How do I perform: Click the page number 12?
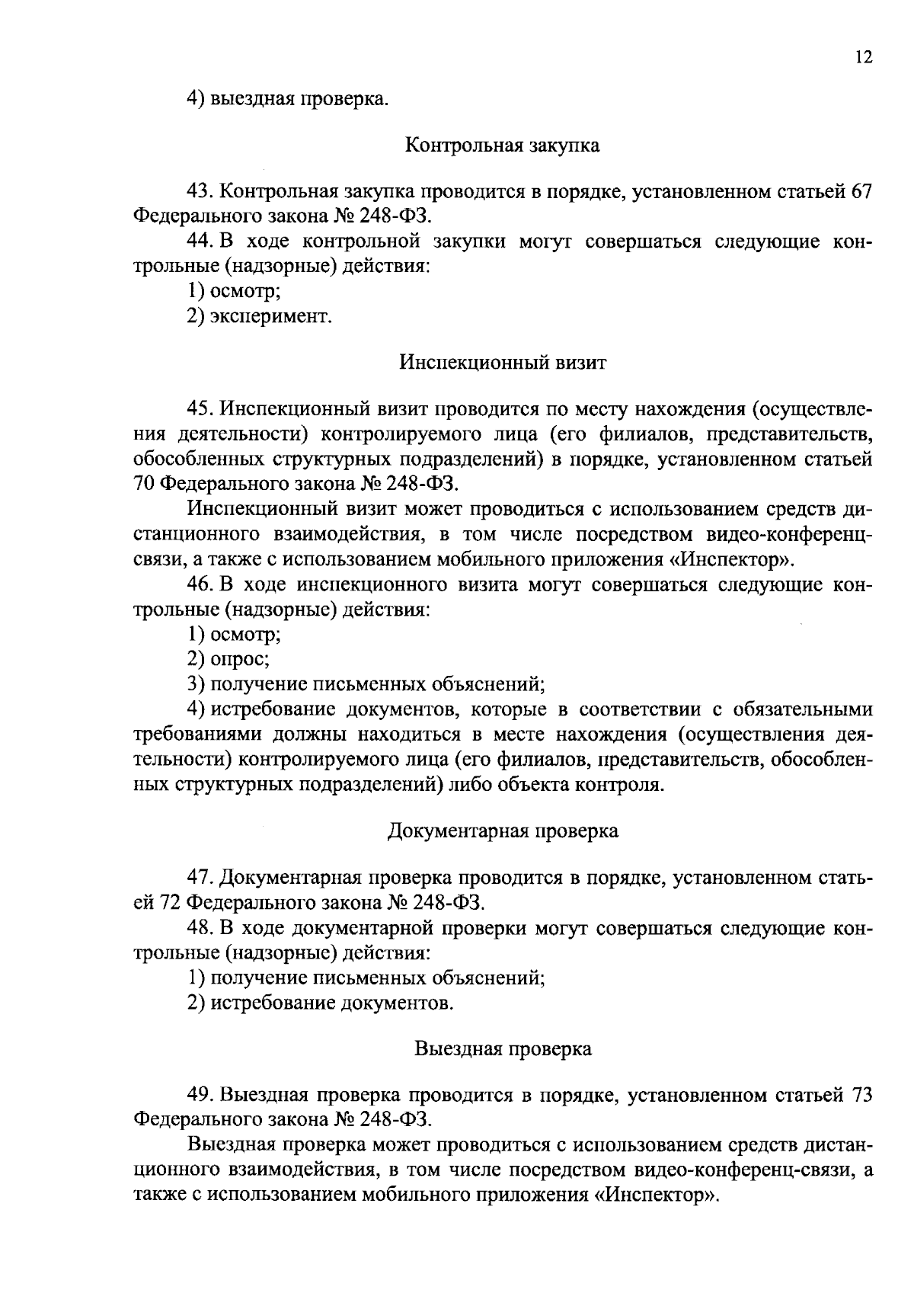pos(863,58)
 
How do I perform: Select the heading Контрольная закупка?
pos(502,145)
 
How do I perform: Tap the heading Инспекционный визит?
pos(503,362)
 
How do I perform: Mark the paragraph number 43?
pos(201,192)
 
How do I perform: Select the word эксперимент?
pos(270,315)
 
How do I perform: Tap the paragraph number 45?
pos(201,409)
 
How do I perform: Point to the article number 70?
pos(145,484)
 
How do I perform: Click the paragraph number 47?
pos(201,878)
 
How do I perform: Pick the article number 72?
pos(169,903)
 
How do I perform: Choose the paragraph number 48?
pos(201,928)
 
